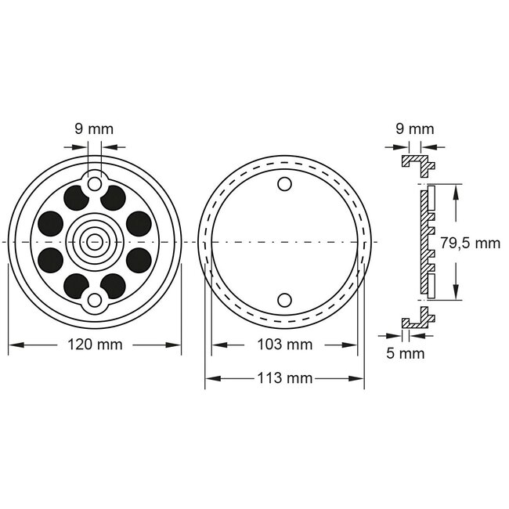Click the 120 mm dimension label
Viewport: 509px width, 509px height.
95,345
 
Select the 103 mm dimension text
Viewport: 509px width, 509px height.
284,345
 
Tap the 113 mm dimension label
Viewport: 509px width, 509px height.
284,378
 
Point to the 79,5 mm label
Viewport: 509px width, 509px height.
470,243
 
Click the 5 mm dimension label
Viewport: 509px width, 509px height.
406,353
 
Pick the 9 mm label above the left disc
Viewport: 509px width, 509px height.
95,129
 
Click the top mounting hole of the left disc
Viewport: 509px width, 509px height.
95,183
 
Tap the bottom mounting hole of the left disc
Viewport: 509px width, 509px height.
95,299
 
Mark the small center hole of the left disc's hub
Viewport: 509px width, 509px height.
95,241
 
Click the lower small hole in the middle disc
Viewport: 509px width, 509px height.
284,298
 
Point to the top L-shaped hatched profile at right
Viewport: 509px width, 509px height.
418,163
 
